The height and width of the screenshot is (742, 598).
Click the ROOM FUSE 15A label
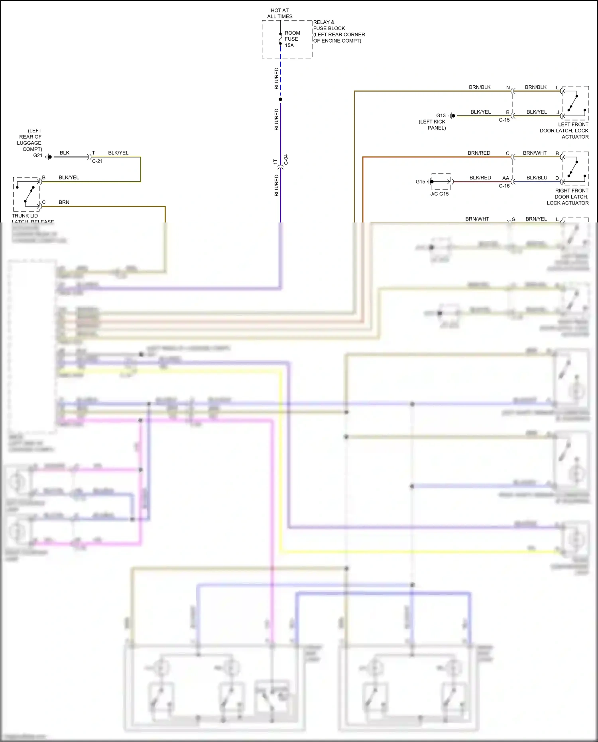[292, 39]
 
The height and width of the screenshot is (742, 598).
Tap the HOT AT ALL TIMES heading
[280, 14]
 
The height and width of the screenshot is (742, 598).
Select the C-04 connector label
[286, 159]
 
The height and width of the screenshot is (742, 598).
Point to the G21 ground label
[38, 155]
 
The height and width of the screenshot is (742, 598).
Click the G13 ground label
[441, 116]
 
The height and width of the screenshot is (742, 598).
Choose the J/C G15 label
[439, 194]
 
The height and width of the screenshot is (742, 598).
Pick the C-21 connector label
[97, 161]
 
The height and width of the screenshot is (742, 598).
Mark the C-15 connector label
[504, 120]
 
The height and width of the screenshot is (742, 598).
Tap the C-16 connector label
[504, 186]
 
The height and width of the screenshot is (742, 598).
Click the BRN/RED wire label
[479, 153]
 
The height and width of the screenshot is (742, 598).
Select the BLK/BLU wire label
[537, 178]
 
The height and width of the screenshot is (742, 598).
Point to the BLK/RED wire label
[480, 178]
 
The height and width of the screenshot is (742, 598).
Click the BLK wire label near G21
[65, 153]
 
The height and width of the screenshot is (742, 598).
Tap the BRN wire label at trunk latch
[64, 203]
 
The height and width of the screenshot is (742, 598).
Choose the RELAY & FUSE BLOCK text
[339, 31]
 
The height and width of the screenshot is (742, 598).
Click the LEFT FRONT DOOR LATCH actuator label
[564, 130]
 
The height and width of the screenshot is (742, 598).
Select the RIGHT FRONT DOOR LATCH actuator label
[568, 197]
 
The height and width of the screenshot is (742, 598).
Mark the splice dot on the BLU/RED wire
[280, 99]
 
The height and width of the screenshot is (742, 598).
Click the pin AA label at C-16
[506, 178]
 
